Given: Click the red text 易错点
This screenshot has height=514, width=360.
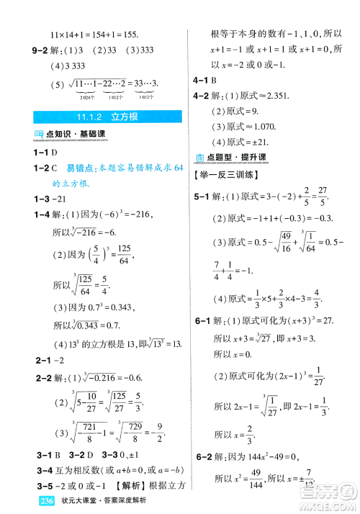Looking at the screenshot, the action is [x=79, y=168].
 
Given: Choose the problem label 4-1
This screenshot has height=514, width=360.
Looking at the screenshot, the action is [x=199, y=80].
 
